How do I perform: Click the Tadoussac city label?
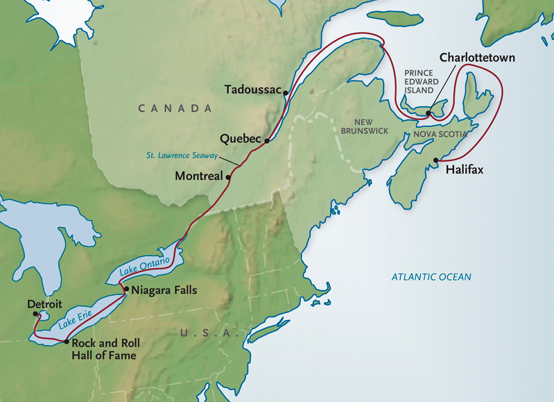click(253, 90)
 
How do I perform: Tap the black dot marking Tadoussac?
click(286, 91)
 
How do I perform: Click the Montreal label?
click(198, 176)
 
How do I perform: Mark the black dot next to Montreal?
click(229, 176)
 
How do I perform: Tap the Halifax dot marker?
click(435, 160)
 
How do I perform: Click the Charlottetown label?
click(477, 58)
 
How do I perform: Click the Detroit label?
click(45, 304)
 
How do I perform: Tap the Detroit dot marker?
click(36, 315)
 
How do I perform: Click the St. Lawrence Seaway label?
click(191, 156)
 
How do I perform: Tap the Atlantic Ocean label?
click(431, 277)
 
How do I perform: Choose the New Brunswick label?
click(364, 126)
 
